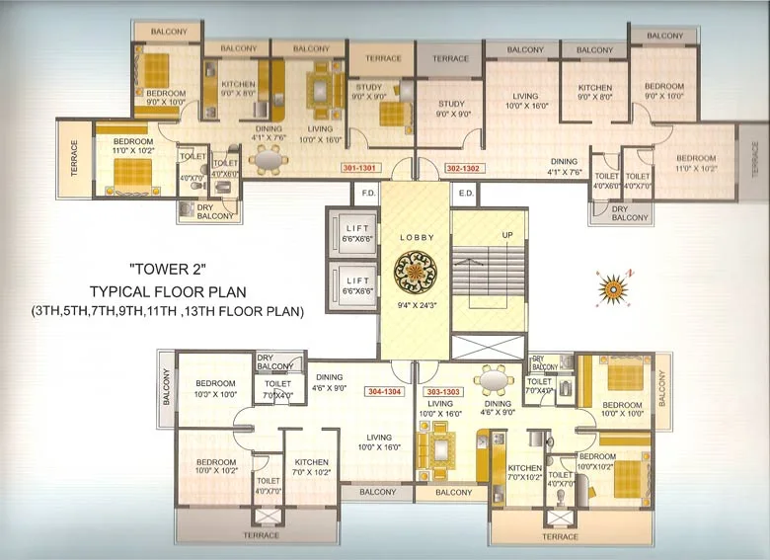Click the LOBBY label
pos(416,238)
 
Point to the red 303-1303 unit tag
pos(448,391)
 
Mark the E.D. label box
pos(466,194)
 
